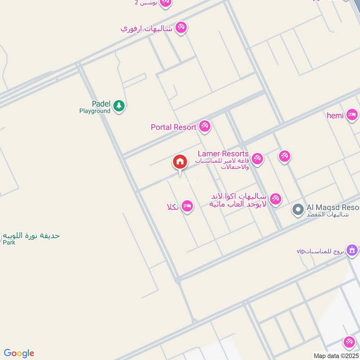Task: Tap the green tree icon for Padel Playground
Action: [119, 106]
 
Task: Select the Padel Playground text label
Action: [95, 107]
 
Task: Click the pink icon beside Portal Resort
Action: [205, 126]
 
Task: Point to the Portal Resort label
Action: [173, 127]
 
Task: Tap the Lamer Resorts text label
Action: [223, 154]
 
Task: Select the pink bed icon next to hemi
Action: [352, 116]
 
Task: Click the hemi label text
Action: [335, 116]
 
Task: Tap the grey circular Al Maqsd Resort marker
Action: [297, 209]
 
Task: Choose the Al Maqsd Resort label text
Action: [333, 207]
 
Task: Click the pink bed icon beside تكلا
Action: [188, 207]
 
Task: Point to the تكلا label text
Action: [173, 207]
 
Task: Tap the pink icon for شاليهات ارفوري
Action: [181, 27]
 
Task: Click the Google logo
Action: [19, 353]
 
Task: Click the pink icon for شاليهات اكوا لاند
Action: [275, 198]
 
